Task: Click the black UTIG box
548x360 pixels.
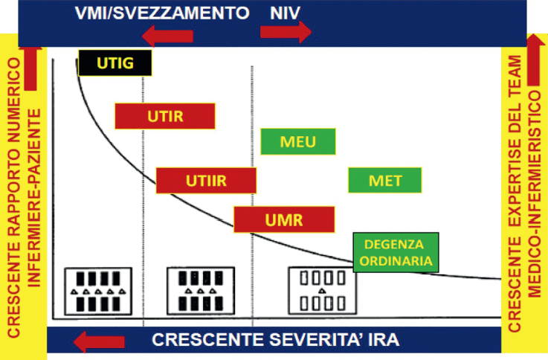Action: [115, 63]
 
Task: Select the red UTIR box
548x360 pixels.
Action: [165, 116]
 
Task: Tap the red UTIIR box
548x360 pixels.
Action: [206, 181]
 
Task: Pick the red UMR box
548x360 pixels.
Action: [284, 219]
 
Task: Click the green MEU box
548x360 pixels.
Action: [298, 141]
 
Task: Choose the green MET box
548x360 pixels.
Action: [384, 180]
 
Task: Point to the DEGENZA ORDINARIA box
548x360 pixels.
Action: [396, 252]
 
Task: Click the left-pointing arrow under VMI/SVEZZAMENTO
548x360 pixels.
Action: [167, 36]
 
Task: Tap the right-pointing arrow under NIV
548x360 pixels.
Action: [286, 32]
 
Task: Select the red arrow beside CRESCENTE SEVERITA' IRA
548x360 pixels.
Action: [99, 341]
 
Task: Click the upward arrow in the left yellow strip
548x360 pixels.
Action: [30, 69]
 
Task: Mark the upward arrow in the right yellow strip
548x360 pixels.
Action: [535, 60]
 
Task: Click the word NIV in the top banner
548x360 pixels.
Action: [285, 13]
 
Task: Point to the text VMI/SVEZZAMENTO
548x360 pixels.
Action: [162, 13]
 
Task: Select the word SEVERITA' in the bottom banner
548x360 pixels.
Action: [311, 340]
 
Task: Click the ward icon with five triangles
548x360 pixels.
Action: [98, 292]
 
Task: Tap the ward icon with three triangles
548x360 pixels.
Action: [201, 291]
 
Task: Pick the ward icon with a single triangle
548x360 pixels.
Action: [322, 290]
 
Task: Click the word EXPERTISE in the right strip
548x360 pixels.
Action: [515, 178]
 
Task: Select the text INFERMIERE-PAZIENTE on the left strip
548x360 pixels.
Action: [34, 198]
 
